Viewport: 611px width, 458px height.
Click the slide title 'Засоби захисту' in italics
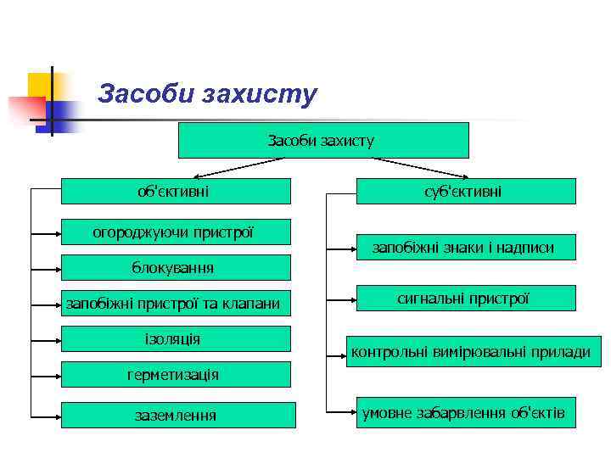207,93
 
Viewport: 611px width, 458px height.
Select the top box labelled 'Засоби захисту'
322,141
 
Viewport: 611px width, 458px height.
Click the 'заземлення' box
178,415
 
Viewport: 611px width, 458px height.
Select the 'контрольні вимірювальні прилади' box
470,351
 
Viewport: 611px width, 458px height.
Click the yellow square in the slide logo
40,85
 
